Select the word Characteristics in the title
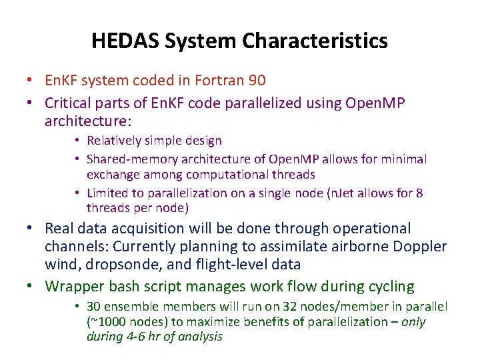coord(315,41)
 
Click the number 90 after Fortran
coord(257,81)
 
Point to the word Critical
coord(70,103)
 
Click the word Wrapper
coord(74,287)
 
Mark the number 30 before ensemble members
coord(94,306)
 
